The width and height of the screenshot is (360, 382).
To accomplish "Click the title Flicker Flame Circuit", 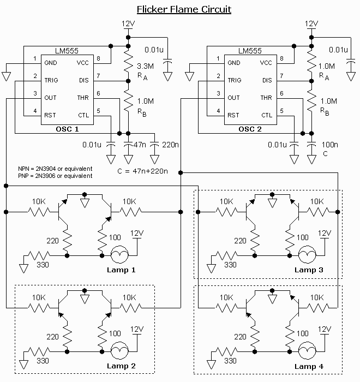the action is point(184,9).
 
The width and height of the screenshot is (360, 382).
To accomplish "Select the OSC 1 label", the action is point(67,129).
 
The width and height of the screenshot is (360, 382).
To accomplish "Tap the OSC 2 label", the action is point(250,129).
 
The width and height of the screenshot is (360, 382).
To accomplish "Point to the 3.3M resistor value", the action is point(146,66).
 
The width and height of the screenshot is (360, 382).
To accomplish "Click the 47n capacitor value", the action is point(140,145).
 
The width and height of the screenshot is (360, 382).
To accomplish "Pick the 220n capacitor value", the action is point(171,145).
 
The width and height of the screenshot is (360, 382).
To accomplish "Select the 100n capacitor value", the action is point(330,145).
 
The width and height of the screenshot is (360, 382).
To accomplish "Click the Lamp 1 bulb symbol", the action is point(119,255).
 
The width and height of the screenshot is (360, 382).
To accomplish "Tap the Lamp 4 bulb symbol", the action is point(307,351).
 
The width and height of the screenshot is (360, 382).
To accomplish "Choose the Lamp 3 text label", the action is point(309,270).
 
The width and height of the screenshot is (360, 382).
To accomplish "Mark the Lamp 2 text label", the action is point(121,366).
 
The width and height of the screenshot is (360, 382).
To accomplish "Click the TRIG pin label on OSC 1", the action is point(51,80).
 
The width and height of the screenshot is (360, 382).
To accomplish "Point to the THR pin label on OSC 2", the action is point(266,98).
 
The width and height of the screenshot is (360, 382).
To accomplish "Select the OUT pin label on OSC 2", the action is point(233,98).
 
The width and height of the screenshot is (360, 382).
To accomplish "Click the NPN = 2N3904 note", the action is point(55,169).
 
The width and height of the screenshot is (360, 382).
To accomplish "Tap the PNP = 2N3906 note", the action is point(55,176).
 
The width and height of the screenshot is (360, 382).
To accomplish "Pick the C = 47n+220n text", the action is point(142,171).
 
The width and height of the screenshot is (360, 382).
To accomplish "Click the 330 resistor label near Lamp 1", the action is point(43,265).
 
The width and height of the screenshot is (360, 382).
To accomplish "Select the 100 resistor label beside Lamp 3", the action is point(303,237).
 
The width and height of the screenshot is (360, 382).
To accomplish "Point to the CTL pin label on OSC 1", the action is point(83,116).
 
